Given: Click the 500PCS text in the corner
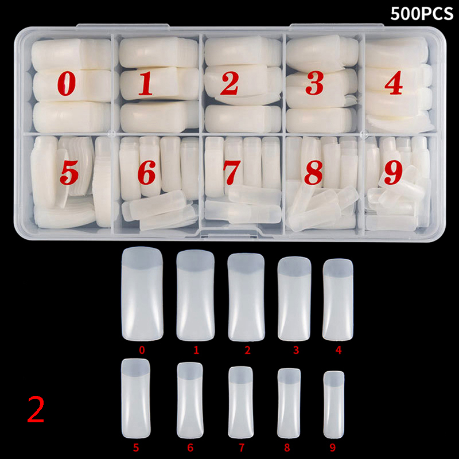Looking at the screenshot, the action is pyautogui.click(x=422, y=13).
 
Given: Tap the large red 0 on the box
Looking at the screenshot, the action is pyautogui.click(x=67, y=84).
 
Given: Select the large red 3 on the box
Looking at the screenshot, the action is pyautogui.click(x=314, y=83).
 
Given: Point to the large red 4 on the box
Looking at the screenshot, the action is pyautogui.click(x=394, y=83).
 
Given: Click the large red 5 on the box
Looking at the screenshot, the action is pyautogui.click(x=69, y=173).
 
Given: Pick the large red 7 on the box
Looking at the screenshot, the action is pyautogui.click(x=232, y=173).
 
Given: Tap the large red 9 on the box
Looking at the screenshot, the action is pyautogui.click(x=393, y=173).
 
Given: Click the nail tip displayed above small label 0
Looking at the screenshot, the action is pyautogui.click(x=142, y=294).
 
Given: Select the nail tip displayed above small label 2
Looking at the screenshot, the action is pyautogui.click(x=246, y=297).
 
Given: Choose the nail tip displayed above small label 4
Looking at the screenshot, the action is pyautogui.click(x=338, y=299).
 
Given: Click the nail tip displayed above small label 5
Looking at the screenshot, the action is pyautogui.click(x=136, y=398).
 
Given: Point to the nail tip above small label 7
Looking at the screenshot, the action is pyautogui.click(x=240, y=402).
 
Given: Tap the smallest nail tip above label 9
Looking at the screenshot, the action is pyautogui.click(x=334, y=404).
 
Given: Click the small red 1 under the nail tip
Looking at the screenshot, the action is pyautogui.click(x=196, y=350).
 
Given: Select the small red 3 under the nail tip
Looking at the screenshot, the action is pyautogui.click(x=296, y=350).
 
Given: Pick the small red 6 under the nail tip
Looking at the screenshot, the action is pyautogui.click(x=190, y=448).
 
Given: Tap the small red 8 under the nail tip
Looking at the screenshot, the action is pyautogui.click(x=287, y=448).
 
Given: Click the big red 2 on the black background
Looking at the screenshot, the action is pyautogui.click(x=36, y=410).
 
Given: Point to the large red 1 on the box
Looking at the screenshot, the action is pyautogui.click(x=146, y=83).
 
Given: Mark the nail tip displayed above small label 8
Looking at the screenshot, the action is pyautogui.click(x=289, y=403).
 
